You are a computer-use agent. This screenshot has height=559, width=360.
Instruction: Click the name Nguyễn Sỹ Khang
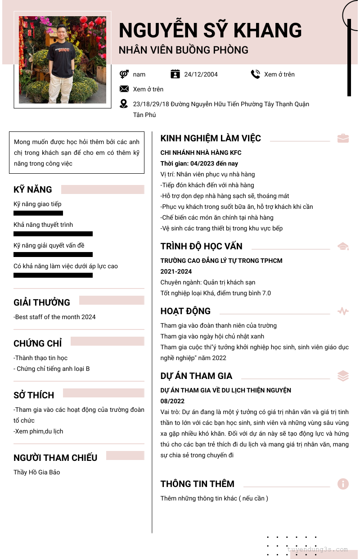[x=210, y=30]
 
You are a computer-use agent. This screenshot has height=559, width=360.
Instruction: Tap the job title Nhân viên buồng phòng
[x=184, y=50]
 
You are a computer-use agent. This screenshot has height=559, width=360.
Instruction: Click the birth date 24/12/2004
[x=201, y=74]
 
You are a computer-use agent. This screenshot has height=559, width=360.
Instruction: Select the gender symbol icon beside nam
[x=124, y=74]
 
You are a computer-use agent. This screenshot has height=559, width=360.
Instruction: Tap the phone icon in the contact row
[x=256, y=74]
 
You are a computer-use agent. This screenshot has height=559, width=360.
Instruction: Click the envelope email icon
[x=124, y=89]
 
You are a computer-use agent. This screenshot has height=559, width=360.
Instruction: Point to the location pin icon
[x=124, y=104]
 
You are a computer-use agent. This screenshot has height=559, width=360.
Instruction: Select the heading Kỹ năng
[x=33, y=189]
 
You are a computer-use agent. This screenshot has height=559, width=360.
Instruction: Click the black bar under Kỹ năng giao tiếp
[x=38, y=213]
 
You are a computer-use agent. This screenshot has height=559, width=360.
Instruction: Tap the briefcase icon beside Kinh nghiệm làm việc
[x=343, y=138]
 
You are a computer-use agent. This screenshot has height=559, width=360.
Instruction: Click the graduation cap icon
[x=343, y=246]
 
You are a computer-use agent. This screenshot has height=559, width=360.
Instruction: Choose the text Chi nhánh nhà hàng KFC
[x=201, y=153]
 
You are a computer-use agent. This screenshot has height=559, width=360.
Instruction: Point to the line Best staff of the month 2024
[x=54, y=317]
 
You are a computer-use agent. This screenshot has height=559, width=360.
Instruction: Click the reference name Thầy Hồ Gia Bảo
[x=36, y=472]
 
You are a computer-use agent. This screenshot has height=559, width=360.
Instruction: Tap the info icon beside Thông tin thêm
[x=343, y=484]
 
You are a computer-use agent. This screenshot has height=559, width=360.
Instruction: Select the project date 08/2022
[x=172, y=401]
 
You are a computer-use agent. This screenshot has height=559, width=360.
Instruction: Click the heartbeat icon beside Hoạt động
[x=343, y=311]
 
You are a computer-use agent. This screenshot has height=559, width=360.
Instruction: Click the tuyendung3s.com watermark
[x=318, y=549]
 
